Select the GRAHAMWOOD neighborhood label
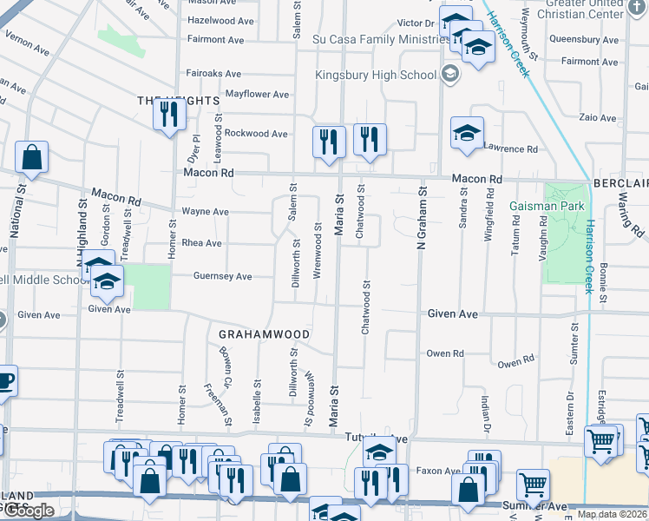[x=259, y=333]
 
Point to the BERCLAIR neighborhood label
[x=620, y=184]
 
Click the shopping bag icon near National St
[x=31, y=158]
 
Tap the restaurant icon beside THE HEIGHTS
[x=169, y=115]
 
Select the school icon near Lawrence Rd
[x=467, y=134]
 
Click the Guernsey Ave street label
[x=222, y=276]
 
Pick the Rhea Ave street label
[x=201, y=243]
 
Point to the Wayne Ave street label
[x=205, y=211]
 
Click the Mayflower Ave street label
[x=257, y=94]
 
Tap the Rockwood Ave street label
[x=256, y=134]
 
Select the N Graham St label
[x=423, y=221]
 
